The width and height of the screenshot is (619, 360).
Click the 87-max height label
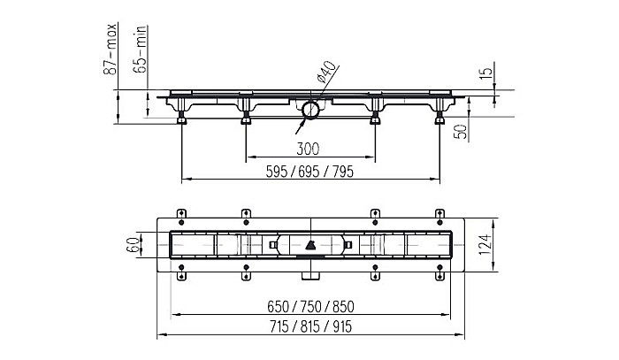[111, 49]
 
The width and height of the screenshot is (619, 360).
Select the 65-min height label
[140, 50]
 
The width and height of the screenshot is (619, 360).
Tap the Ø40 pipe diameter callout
[326, 72]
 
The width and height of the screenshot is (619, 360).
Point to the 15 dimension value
[487, 72]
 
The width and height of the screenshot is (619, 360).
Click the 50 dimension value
[461, 132]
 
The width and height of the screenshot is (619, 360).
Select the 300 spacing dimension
[308, 149]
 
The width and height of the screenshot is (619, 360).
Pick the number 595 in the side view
[277, 172]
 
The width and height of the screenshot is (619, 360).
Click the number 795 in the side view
[343, 172]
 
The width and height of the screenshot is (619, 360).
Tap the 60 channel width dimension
[133, 245]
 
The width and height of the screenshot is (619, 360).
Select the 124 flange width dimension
[486, 245]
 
